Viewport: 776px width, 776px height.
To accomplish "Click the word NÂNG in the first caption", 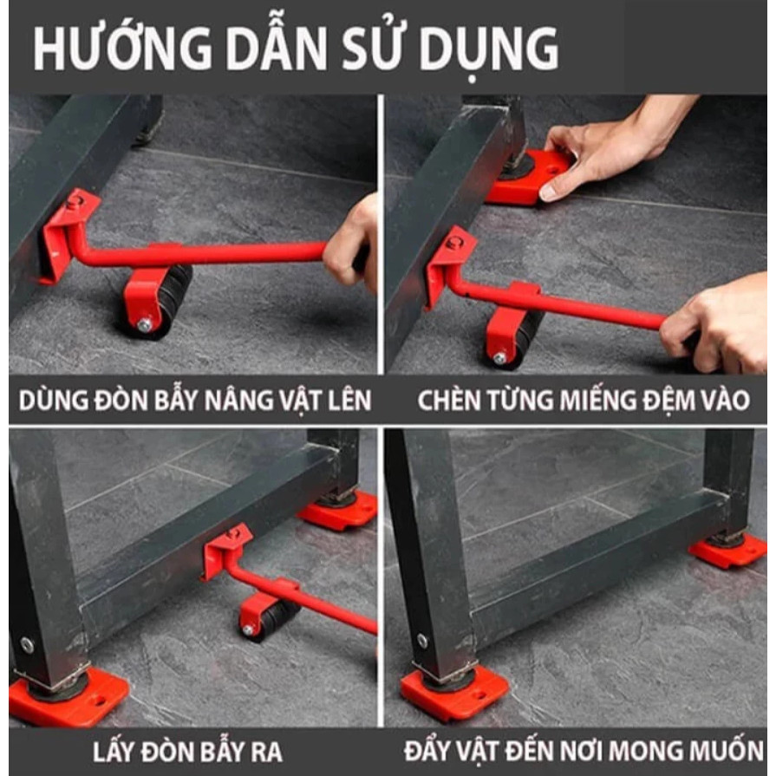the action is [239, 400].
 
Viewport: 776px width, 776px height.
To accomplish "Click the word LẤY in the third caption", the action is [114, 750].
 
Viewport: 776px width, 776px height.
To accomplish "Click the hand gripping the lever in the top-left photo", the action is [352, 243].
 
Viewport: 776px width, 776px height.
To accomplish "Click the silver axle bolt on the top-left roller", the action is [144, 324].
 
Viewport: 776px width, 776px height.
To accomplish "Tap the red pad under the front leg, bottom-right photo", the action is [454, 692].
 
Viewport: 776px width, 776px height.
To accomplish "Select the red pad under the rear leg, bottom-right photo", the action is [727, 551].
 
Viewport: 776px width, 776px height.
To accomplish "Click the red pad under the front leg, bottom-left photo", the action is [69, 697].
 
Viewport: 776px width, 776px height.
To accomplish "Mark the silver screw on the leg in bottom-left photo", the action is [27, 645].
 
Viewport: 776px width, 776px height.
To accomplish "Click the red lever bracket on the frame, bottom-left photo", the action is [225, 548].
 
